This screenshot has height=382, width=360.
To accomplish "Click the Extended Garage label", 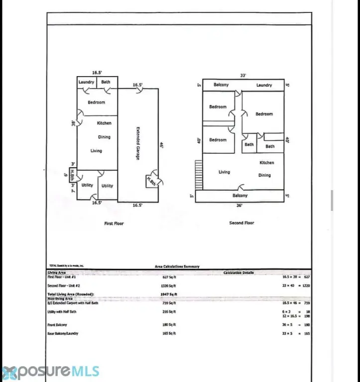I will (x=138, y=144).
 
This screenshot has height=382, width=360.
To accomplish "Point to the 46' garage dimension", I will (x=162, y=145).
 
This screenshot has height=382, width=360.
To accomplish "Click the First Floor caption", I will (x=114, y=223).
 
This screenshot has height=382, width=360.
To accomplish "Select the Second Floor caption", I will (x=241, y=223).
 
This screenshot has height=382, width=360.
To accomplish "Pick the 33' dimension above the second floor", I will (x=243, y=76).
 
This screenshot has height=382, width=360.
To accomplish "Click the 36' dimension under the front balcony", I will (x=240, y=205).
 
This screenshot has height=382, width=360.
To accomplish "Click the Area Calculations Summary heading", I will (x=177, y=267).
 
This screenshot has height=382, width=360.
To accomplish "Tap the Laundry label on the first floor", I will (x=86, y=82).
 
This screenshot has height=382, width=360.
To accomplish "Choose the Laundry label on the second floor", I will (x=264, y=85).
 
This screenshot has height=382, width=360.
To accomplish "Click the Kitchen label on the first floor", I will (x=104, y=123).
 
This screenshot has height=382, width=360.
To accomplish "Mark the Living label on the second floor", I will (x=224, y=172).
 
